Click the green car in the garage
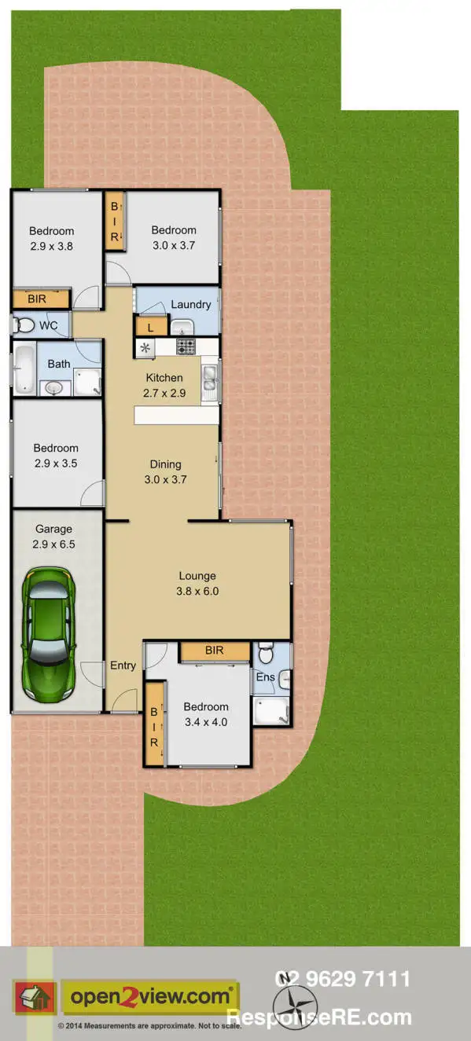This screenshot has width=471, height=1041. tap(49, 634)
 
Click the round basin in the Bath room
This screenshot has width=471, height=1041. tap(53, 387)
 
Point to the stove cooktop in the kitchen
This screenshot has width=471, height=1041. tap(186, 346)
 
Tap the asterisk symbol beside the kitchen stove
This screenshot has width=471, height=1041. tap(145, 347)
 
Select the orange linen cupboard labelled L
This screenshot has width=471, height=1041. tap(152, 326)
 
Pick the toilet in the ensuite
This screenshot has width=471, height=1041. tap(265, 652)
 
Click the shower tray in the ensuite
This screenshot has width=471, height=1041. tap(271, 710)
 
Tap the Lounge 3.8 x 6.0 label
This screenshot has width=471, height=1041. tap(197, 583)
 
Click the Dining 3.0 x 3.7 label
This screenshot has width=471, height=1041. tap(166, 471)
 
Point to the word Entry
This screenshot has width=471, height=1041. tap(123, 665)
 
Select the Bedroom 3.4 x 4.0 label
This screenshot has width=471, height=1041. tap(206, 714)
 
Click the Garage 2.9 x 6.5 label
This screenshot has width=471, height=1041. tap(54, 537)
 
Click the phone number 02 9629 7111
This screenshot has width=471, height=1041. tap(342, 979)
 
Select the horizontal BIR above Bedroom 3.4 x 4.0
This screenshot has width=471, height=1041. tap(214, 651)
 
